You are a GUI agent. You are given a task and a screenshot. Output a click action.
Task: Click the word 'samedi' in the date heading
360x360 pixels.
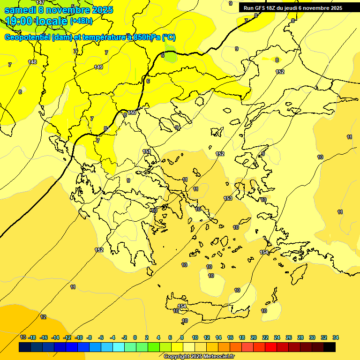[x=20, y=9]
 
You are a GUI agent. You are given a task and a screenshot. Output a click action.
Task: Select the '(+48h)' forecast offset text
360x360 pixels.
[x=81, y=21]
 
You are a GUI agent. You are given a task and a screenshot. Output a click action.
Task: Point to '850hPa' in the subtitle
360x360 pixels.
[x=147, y=37]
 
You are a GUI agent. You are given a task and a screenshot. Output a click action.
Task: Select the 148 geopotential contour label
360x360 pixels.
[x=32, y=62]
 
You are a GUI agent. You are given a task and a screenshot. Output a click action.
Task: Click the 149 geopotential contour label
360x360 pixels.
[x=98, y=67]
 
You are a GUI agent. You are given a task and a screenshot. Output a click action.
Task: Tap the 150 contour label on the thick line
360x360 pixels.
[x=132, y=112]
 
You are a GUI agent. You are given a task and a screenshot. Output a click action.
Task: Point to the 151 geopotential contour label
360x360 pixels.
[x=147, y=151]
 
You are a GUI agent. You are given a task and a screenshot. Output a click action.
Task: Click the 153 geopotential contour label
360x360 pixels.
[x=228, y=198]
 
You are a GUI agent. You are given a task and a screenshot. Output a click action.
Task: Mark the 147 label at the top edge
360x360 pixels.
[x=40, y=3]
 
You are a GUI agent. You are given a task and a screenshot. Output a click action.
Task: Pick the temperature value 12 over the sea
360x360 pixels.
[x=43, y=317]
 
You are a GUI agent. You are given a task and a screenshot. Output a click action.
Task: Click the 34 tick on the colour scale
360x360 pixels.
[x=336, y=337]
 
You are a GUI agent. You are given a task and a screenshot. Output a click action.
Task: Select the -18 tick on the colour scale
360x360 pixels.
[x=32, y=337]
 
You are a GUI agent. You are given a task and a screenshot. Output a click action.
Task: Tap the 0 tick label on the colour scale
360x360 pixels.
[x=135, y=337]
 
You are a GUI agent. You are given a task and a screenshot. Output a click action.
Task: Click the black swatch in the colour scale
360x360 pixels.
[x=330, y=347]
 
